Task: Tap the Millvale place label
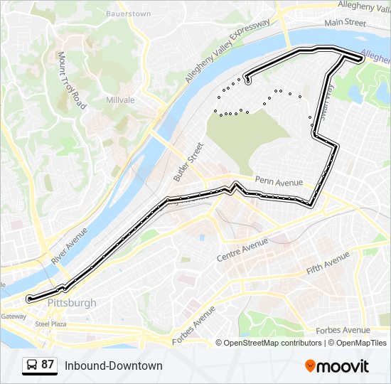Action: [x=119, y=100]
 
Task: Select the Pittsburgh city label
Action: [x=72, y=303]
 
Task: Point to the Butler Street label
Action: [x=188, y=162]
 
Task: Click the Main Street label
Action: [x=344, y=23]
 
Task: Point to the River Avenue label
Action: [x=69, y=245]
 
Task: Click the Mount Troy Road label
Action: [x=73, y=80]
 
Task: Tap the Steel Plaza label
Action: [x=50, y=324]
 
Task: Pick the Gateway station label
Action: [x=13, y=316]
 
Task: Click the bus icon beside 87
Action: [x=32, y=366]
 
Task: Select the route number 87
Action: [x=48, y=365]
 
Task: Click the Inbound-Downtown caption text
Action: [x=114, y=366]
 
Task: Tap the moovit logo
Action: [x=337, y=366]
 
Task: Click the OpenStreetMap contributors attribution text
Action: [x=273, y=343]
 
